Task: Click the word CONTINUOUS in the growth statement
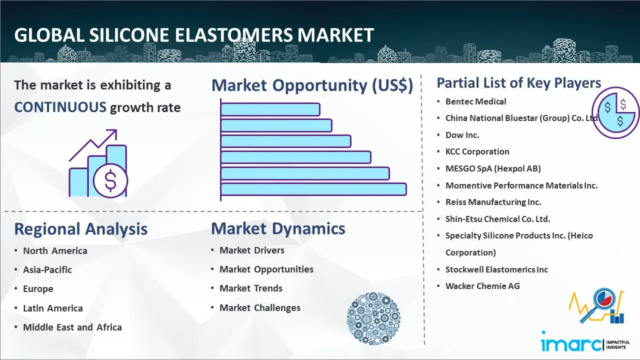click(60, 107)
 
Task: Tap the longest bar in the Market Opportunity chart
click(313, 189)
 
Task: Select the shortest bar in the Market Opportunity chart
click(270, 109)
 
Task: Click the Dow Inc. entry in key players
click(462, 135)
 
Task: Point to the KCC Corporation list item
click(477, 151)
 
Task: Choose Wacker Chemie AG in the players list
click(482, 286)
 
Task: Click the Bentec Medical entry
click(475, 101)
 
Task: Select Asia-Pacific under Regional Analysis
click(47, 269)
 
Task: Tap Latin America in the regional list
click(53, 308)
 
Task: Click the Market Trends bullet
click(251, 288)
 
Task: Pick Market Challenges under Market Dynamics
click(260, 307)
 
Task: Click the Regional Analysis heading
click(81, 229)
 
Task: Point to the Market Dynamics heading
click(278, 228)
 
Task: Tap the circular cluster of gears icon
click(373, 318)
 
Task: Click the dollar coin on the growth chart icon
click(110, 181)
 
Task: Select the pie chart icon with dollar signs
click(615, 113)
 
